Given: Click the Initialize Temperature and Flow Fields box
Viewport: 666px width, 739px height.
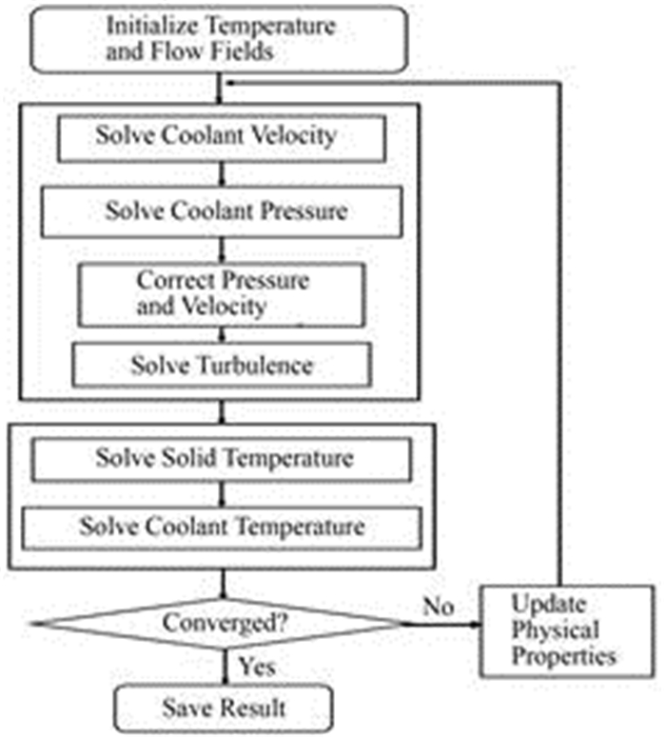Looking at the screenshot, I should coord(222,38).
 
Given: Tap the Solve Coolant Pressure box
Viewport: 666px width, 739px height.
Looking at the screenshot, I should coord(222,210).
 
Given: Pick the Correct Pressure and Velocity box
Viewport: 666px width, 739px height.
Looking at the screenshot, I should coord(222,293).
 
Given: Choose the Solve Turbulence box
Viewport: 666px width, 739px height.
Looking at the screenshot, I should coord(222,364).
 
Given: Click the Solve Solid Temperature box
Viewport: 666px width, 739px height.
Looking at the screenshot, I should coord(222,460).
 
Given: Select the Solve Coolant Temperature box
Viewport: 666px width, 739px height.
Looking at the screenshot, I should coord(222,525).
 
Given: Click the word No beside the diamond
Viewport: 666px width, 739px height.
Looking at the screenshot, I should coord(438,606).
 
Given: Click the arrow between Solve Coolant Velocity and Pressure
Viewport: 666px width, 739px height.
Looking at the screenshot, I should coord(222,174).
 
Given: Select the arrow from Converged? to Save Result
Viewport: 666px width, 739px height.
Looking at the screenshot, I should coord(222,666).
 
